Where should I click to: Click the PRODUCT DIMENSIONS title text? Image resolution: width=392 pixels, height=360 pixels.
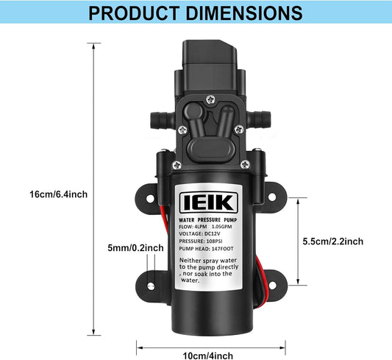coord(196,13)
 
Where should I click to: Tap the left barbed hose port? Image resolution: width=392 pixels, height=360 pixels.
coord(156,116)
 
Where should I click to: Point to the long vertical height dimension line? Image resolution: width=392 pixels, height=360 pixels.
coord(95,191)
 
